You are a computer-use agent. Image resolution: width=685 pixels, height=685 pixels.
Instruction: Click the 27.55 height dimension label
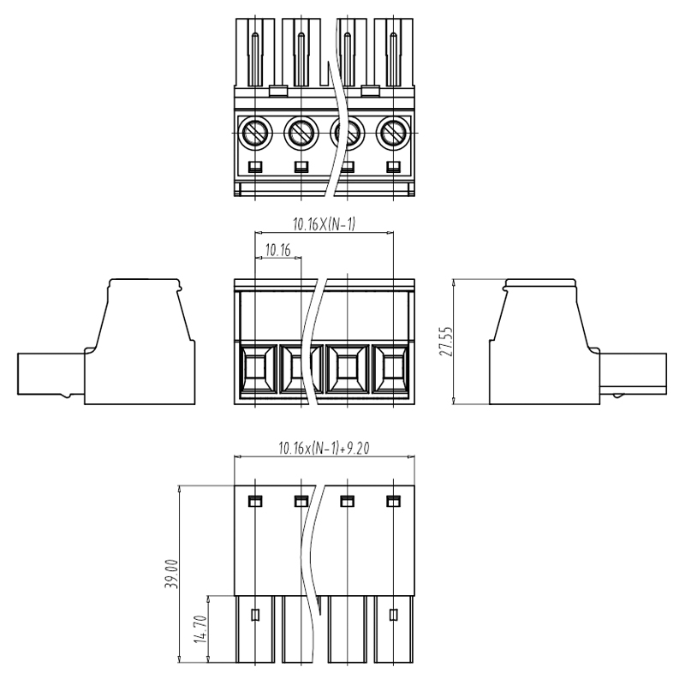(446, 341)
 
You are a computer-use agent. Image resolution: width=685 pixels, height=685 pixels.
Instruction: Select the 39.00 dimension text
(171, 574)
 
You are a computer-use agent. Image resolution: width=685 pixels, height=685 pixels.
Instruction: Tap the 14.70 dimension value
(200, 629)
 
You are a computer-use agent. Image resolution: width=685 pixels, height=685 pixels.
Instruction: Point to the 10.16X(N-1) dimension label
(325, 224)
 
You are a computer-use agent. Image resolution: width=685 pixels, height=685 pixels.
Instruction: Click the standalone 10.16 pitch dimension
(277, 251)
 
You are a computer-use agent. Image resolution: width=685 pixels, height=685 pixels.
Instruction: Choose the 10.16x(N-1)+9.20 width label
(325, 448)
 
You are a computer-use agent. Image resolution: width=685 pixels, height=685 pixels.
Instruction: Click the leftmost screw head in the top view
(255, 132)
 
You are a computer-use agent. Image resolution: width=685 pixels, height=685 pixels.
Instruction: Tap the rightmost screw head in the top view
(394, 132)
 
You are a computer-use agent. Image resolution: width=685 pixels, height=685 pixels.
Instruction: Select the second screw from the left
(301, 132)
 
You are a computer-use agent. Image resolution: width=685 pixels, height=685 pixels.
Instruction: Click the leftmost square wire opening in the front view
(255, 370)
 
